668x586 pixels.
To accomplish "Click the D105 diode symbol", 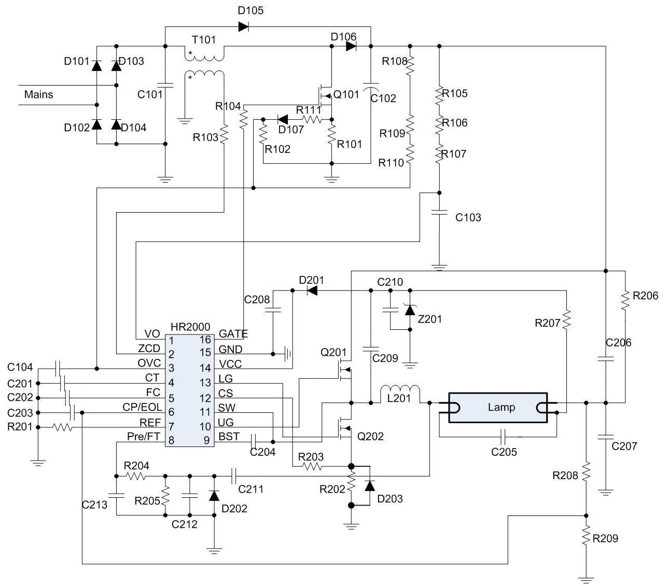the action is coord(243,27).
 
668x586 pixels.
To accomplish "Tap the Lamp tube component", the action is coord(498,407).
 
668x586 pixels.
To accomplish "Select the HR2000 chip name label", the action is coord(190,327).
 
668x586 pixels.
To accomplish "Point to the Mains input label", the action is coord(38,95).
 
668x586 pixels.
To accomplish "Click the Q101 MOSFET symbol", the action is coord(325,95).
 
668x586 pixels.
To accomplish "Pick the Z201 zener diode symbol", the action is coord(410,310).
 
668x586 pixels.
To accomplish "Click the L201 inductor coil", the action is coord(400,389).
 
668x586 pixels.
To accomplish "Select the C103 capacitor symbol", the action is coord(439,213).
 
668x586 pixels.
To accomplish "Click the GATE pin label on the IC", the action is coord(233,334).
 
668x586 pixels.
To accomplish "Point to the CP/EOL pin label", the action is coord(142,407).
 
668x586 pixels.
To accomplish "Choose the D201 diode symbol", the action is coord(312,290).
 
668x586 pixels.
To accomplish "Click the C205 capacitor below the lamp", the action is coord(503,437).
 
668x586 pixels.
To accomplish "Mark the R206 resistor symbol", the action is coord(625,300).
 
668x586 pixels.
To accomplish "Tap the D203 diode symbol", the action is coord(370,486).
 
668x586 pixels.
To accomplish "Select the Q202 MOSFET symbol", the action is coord(344,428).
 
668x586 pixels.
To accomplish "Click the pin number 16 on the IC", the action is coord(205,339).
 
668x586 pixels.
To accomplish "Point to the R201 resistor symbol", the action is coord(63,427).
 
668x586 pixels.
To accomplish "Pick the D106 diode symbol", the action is coord(351,47).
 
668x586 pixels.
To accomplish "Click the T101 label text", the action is coord(204,40).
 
